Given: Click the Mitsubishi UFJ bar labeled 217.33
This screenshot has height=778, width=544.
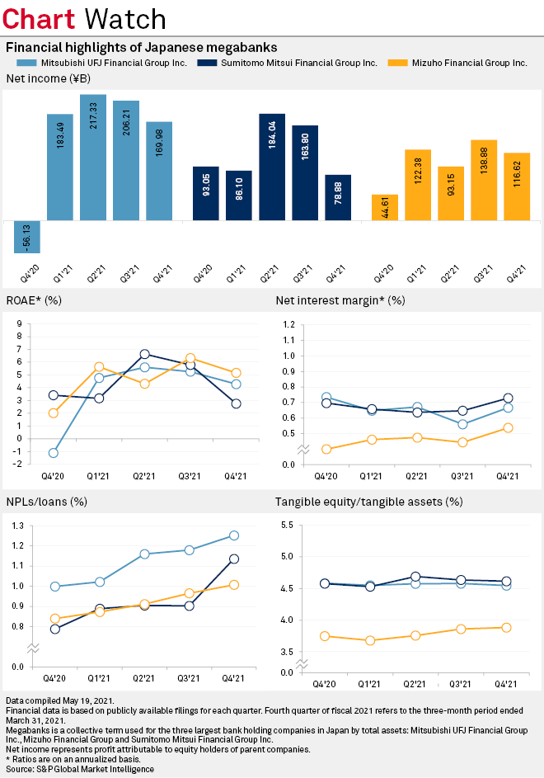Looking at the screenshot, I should (93, 157).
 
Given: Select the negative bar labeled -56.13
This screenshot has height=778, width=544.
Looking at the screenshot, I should (27, 237).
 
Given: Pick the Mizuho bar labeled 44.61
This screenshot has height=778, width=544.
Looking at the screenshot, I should (385, 208).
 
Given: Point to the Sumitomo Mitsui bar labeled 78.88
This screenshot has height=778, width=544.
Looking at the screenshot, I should (338, 197).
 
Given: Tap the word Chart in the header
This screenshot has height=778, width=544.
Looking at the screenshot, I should (40, 18).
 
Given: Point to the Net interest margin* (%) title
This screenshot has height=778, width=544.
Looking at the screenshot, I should (340, 300).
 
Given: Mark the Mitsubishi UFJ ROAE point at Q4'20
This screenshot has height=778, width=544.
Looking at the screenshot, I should (54, 453).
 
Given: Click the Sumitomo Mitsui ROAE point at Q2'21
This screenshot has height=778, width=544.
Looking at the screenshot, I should (145, 354).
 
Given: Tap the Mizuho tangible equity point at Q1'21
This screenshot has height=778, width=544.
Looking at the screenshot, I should (371, 640).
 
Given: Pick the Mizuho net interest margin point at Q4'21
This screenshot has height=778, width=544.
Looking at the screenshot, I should (508, 427).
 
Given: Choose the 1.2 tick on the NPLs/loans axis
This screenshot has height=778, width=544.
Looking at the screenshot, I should (16, 545).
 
